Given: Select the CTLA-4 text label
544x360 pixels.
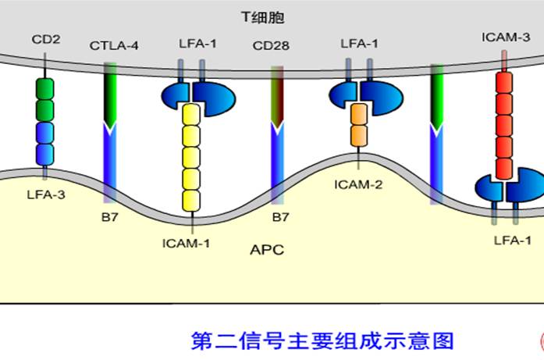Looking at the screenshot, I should (114, 45).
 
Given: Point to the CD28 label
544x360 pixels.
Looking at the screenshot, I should (271, 45).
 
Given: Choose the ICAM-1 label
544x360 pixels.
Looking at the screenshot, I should (187, 243).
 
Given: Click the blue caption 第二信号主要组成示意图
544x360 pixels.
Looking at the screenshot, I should (322, 341).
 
